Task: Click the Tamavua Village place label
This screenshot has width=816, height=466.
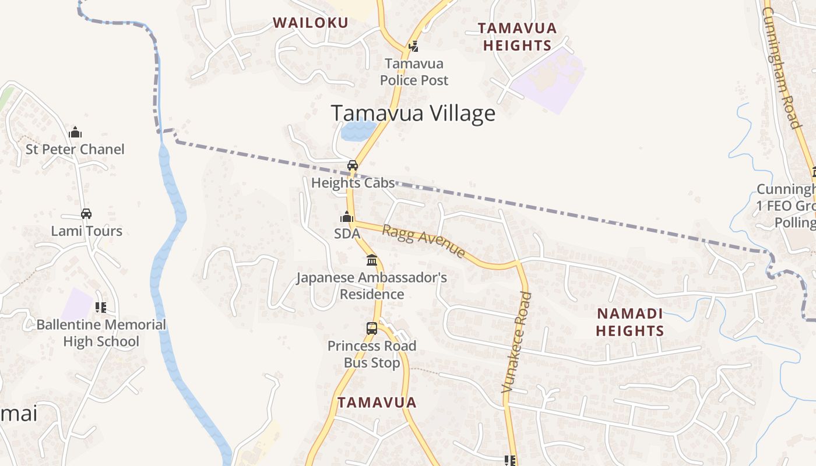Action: pyautogui.click(x=413, y=113)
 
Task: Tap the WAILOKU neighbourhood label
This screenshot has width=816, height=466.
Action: pyautogui.click(x=311, y=23)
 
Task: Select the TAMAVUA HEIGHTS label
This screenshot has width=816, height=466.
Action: pyautogui.click(x=517, y=37)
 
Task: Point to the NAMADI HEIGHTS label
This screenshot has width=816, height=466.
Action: pyautogui.click(x=630, y=322)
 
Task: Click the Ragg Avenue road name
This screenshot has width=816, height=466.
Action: pyautogui.click(x=424, y=241)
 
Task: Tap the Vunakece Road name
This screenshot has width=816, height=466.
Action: pyautogui.click(x=517, y=343)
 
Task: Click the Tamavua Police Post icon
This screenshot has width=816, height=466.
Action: pyautogui.click(x=414, y=46)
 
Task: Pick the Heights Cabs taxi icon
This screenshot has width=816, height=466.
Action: pyautogui.click(x=353, y=165)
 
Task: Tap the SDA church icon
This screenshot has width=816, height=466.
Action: pyautogui.click(x=347, y=217)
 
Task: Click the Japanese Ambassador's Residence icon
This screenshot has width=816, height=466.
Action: pyautogui.click(x=372, y=260)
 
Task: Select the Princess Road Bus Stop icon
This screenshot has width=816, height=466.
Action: pyautogui.click(x=372, y=329)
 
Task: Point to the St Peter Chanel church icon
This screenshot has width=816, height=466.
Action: pyautogui.click(x=75, y=132)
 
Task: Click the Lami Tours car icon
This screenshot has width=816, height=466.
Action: pyautogui.click(x=86, y=214)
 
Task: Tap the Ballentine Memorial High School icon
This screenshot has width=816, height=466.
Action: pyautogui.click(x=101, y=307)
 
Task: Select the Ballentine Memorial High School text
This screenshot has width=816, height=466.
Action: pyautogui.click(x=101, y=333)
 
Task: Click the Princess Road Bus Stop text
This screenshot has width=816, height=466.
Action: pyautogui.click(x=372, y=354)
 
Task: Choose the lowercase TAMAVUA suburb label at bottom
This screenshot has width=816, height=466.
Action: pyautogui.click(x=377, y=403)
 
